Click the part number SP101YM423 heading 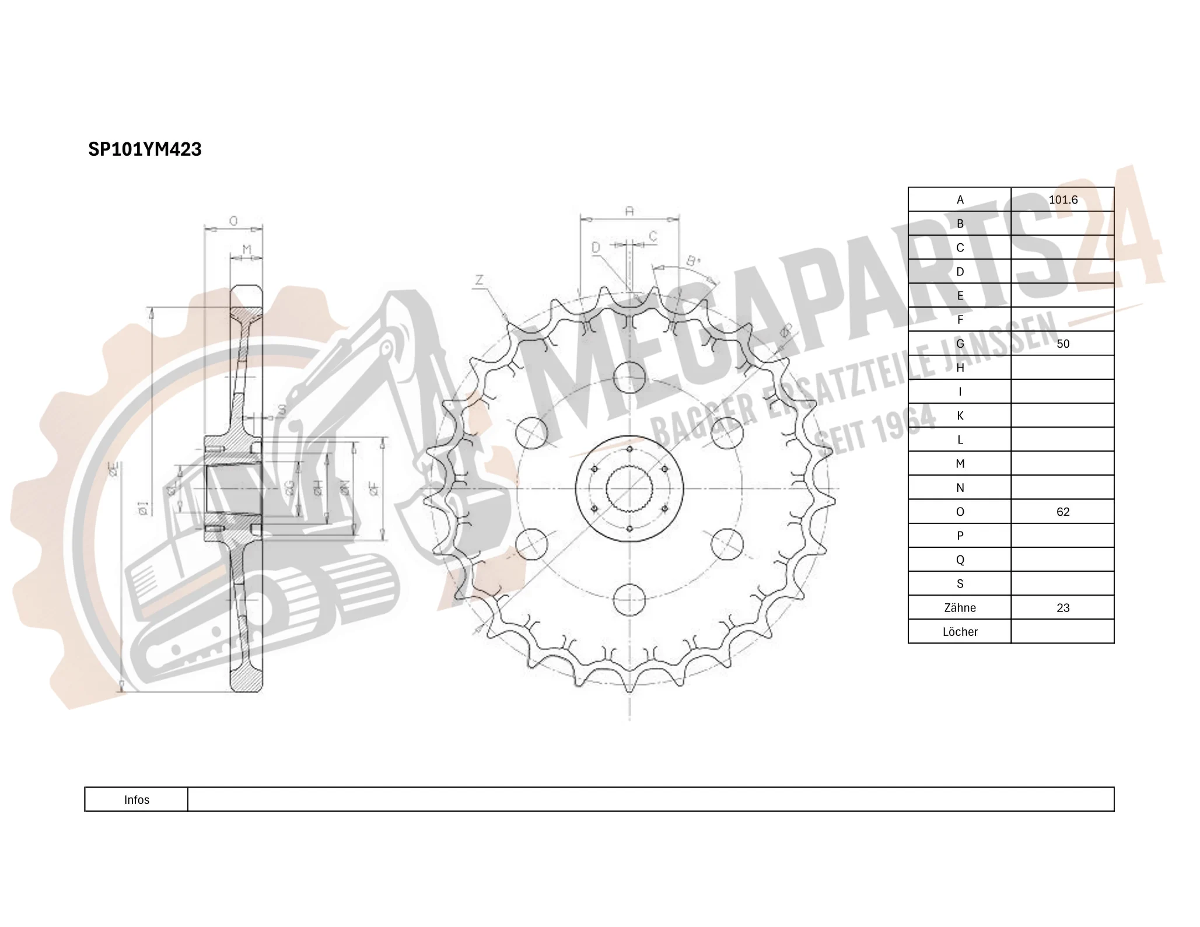pyautogui.click(x=145, y=149)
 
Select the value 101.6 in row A pyautogui.click(x=1062, y=200)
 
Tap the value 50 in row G pyautogui.click(x=1062, y=344)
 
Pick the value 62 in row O pyautogui.click(x=1062, y=512)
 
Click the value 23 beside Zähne pyautogui.click(x=1062, y=608)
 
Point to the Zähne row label pyautogui.click(x=959, y=608)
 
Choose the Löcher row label pyautogui.click(x=959, y=632)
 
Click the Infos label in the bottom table pyautogui.click(x=137, y=800)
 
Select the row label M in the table pyautogui.click(x=960, y=464)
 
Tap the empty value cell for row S pyautogui.click(x=1062, y=583)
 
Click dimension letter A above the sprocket pyautogui.click(x=629, y=211)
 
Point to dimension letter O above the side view pyautogui.click(x=233, y=221)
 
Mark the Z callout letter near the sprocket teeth pyautogui.click(x=479, y=281)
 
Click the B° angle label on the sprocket pyautogui.click(x=692, y=261)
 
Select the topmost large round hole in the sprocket pyautogui.click(x=629, y=377)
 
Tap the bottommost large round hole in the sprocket pyautogui.click(x=629, y=599)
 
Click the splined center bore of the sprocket pyautogui.click(x=629, y=489)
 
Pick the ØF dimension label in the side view pyautogui.click(x=374, y=489)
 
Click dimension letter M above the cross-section pyautogui.click(x=247, y=250)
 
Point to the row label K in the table pyautogui.click(x=960, y=416)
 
